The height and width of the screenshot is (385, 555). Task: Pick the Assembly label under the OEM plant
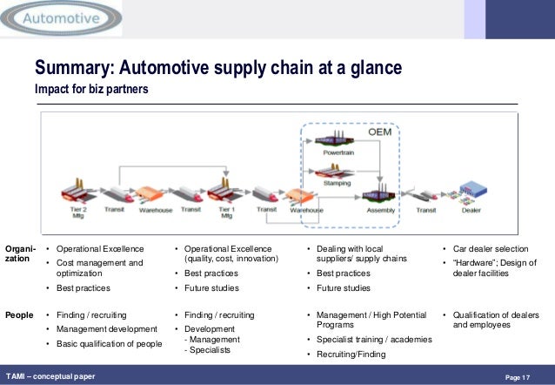[x=382, y=211]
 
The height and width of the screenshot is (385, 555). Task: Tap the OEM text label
[x=380, y=133]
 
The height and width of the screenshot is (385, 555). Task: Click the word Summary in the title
[x=71, y=69]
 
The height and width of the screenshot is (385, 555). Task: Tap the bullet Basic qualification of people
[x=110, y=343]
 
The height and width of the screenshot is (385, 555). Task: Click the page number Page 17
[x=517, y=376]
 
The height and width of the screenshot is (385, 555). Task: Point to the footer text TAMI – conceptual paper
[x=51, y=376]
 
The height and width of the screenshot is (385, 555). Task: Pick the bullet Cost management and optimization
[x=100, y=267]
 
